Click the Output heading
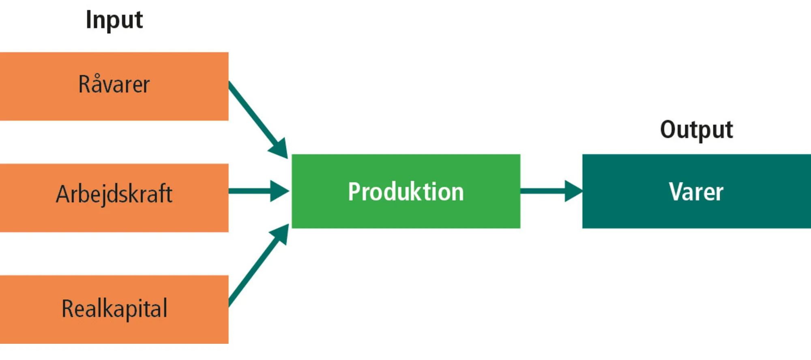click(x=696, y=130)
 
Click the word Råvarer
click(x=114, y=85)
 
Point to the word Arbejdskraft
click(x=114, y=194)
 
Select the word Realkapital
click(x=114, y=309)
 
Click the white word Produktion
click(x=405, y=192)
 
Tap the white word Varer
click(x=696, y=192)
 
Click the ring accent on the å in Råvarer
click(x=97, y=76)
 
